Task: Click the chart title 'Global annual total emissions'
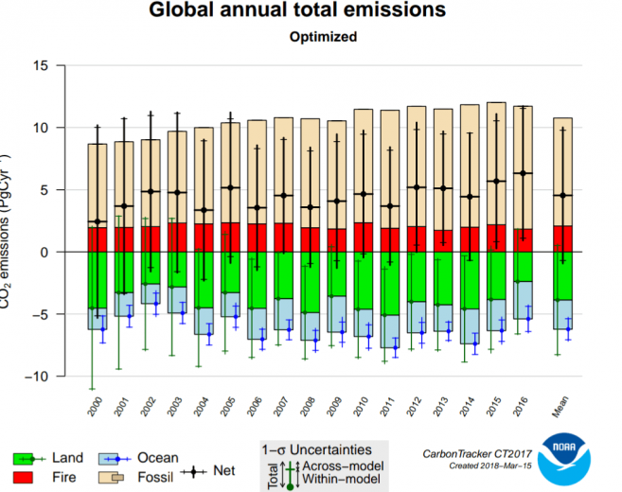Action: click(x=310, y=12)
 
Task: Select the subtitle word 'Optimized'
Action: click(x=310, y=37)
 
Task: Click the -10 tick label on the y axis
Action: click(x=36, y=377)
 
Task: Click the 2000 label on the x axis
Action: click(x=95, y=409)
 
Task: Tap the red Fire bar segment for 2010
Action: click(x=363, y=237)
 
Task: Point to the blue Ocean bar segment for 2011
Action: click(x=389, y=331)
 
